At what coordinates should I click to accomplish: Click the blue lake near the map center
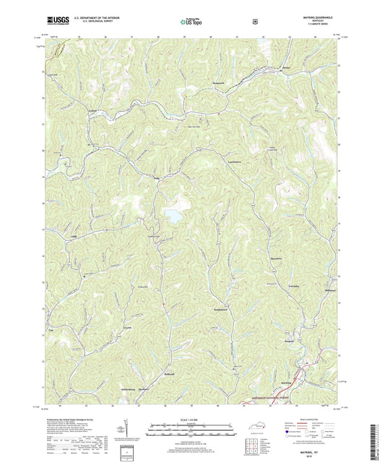tap(173, 215)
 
